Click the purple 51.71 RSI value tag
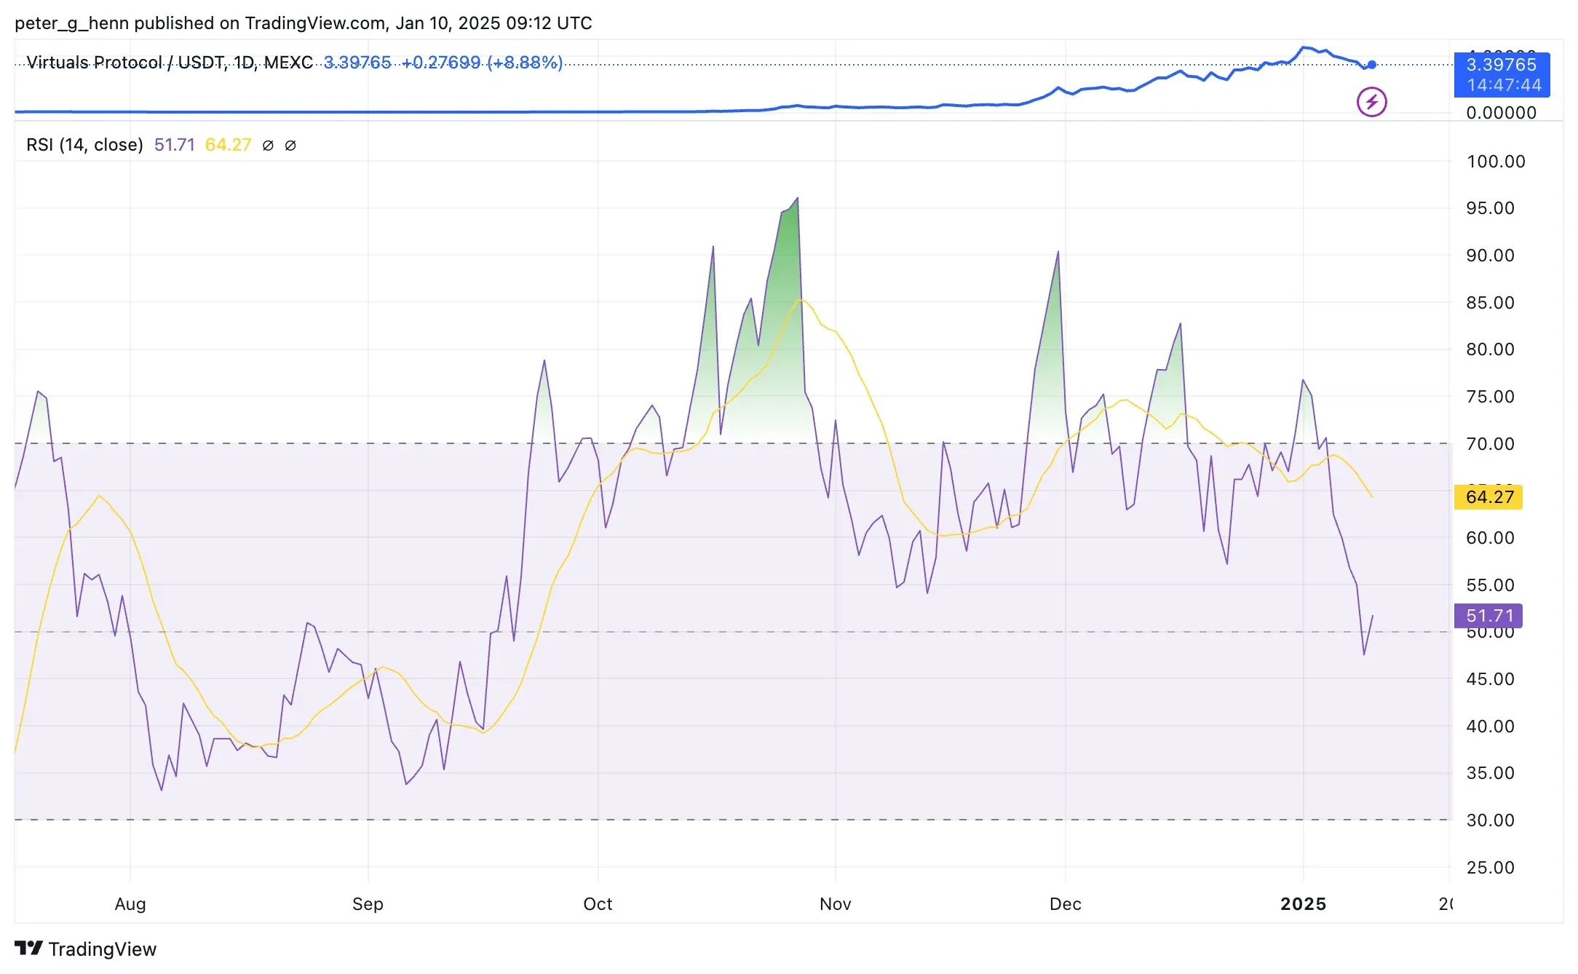pyautogui.click(x=1488, y=616)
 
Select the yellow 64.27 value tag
pyautogui.click(x=1488, y=497)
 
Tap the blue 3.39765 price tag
pyautogui.click(x=1501, y=65)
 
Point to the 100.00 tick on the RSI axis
pyautogui.click(x=1495, y=162)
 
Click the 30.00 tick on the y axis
pyautogui.click(x=1490, y=820)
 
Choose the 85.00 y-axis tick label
pyautogui.click(x=1490, y=303)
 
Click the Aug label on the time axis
pyautogui.click(x=130, y=904)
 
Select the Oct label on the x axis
pyautogui.click(x=598, y=904)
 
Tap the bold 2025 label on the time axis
pyautogui.click(x=1303, y=904)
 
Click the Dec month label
pyautogui.click(x=1065, y=904)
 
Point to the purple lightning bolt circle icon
pyautogui.click(x=1371, y=102)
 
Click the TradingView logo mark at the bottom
pyautogui.click(x=29, y=949)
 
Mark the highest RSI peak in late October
pyautogui.click(x=798, y=198)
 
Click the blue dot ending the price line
pyautogui.click(x=1371, y=65)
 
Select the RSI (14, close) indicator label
pyautogui.click(x=84, y=145)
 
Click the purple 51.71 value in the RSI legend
pyautogui.click(x=175, y=145)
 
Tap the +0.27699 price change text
pyautogui.click(x=441, y=63)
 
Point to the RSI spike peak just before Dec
pyautogui.click(x=1058, y=253)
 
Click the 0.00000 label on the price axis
pyautogui.click(x=1501, y=113)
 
